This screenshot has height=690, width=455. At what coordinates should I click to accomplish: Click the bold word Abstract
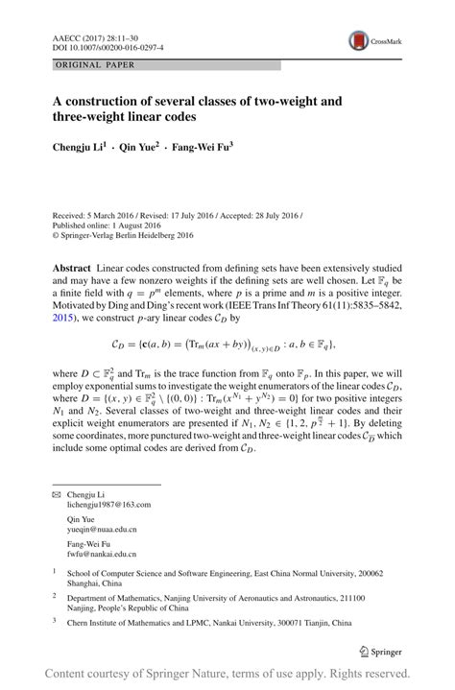pyautogui.click(x=71, y=263)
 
